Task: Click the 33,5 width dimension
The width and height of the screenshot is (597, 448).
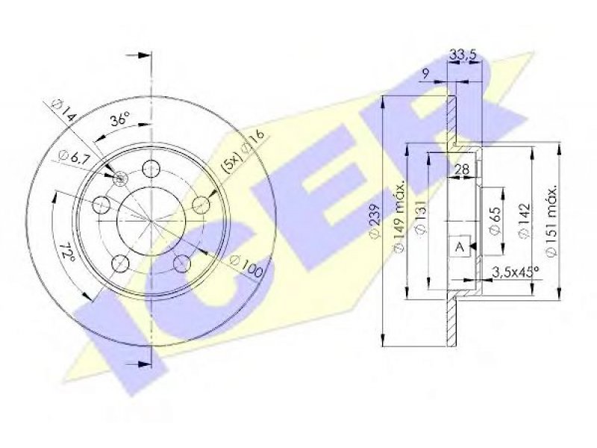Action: click(x=463, y=55)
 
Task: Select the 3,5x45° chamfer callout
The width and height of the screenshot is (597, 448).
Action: click(x=516, y=271)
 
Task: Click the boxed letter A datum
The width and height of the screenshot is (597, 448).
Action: click(x=460, y=246)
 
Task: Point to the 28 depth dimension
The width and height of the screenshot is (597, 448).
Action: click(x=462, y=169)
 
